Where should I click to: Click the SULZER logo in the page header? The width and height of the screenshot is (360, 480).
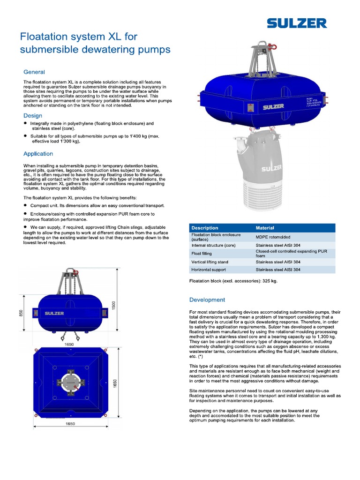coord(297,23)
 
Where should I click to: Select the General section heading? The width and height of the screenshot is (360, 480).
coord(34,72)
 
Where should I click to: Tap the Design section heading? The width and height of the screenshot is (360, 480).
coord(33,116)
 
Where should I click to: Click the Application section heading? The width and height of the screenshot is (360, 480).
coord(38,154)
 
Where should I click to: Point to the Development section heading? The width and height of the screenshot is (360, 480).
coord(207,300)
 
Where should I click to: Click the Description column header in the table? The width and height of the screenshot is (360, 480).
coord(205,228)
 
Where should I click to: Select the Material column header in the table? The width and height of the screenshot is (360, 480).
coord(265,228)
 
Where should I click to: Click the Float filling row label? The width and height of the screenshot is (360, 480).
coord(203,254)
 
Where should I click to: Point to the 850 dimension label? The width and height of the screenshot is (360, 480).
coord(21,313)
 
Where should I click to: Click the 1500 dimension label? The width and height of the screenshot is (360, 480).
coord(113,305)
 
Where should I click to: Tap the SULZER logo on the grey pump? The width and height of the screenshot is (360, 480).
coord(271,167)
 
